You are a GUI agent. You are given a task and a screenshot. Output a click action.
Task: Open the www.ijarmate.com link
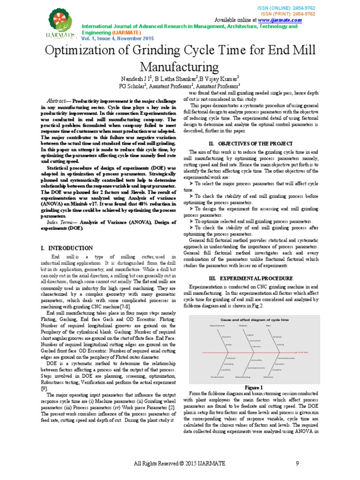pyautogui.click(x=279, y=21)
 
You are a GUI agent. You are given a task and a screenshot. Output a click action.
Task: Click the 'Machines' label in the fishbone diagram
pyautogui.click(x=269, y=376)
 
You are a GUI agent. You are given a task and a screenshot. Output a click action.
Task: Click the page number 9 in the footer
pyautogui.click(x=297, y=464)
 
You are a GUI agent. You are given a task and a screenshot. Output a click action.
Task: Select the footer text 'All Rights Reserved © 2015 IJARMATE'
pyautogui.click(x=180, y=464)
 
